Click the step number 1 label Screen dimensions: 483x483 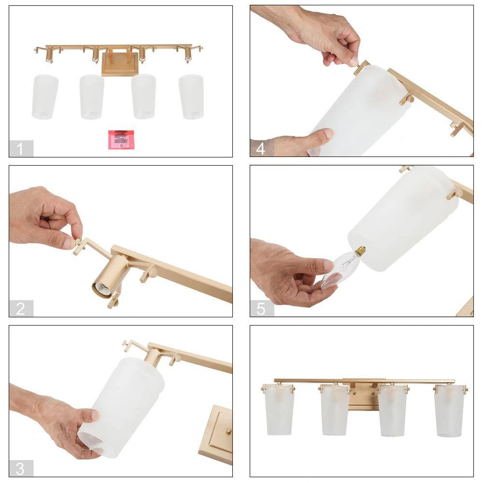20,149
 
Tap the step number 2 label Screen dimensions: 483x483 20,309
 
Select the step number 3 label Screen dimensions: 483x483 20,468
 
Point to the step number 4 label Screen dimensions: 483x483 261,149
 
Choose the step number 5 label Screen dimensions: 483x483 261,309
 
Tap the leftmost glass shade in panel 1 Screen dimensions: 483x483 45,97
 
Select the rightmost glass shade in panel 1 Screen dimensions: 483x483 191,97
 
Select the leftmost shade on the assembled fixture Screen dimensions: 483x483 279,409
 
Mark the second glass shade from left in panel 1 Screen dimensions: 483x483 92,97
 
